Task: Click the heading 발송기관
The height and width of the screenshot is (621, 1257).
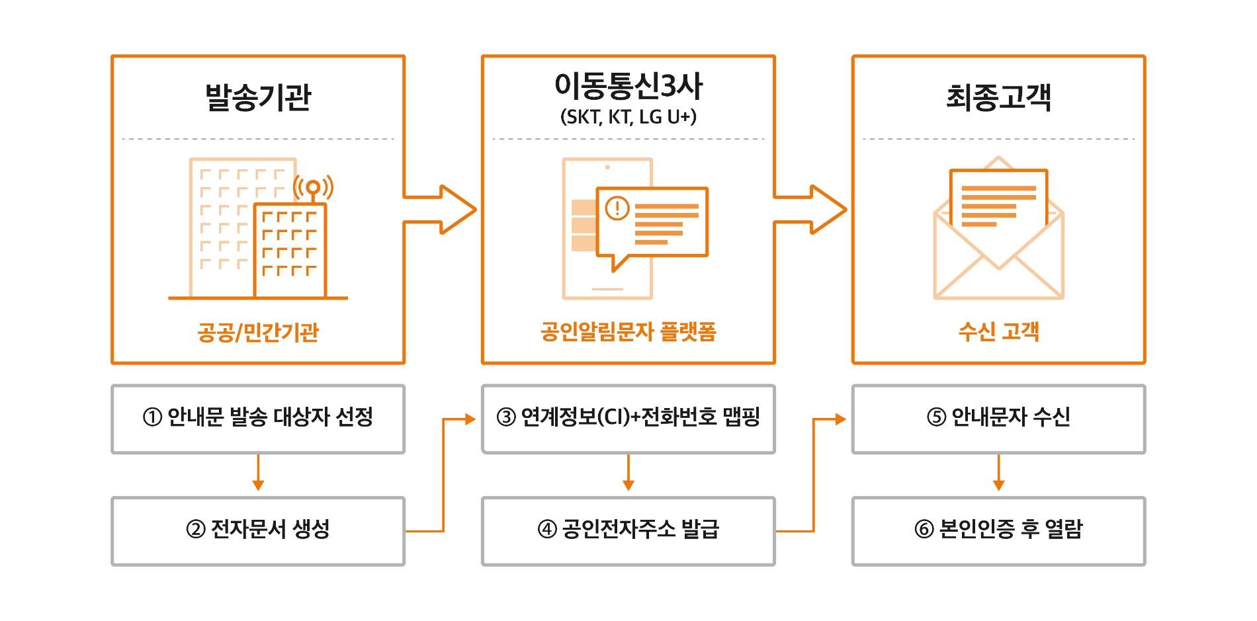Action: click(x=258, y=97)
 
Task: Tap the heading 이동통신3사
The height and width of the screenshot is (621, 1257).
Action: click(x=628, y=85)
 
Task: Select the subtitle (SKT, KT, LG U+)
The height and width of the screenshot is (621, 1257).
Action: click(x=628, y=117)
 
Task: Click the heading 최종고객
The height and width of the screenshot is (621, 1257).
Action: click(x=998, y=97)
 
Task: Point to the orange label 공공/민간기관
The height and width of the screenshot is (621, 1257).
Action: click(x=258, y=331)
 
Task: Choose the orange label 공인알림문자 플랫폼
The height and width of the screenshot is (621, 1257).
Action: click(x=628, y=331)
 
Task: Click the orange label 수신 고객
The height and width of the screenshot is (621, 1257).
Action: click(x=998, y=331)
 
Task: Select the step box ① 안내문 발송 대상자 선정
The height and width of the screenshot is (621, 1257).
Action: click(x=258, y=419)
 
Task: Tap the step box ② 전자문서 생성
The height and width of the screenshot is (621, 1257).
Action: click(x=258, y=531)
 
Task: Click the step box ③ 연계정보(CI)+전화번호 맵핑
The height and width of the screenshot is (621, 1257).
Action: click(x=628, y=419)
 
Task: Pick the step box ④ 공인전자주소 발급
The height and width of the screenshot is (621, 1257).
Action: click(x=628, y=531)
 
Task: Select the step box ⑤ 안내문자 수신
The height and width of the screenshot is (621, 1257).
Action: click(x=998, y=419)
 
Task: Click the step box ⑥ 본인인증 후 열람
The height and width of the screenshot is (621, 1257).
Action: click(x=998, y=531)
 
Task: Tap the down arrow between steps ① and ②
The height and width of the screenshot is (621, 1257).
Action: click(x=258, y=474)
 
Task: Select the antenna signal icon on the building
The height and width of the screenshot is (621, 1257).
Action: click(x=313, y=188)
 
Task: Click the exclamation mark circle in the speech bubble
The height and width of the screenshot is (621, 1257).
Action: click(x=617, y=209)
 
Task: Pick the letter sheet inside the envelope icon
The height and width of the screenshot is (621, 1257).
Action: click(x=998, y=198)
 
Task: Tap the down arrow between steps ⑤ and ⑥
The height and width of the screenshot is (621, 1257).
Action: click(x=998, y=474)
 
